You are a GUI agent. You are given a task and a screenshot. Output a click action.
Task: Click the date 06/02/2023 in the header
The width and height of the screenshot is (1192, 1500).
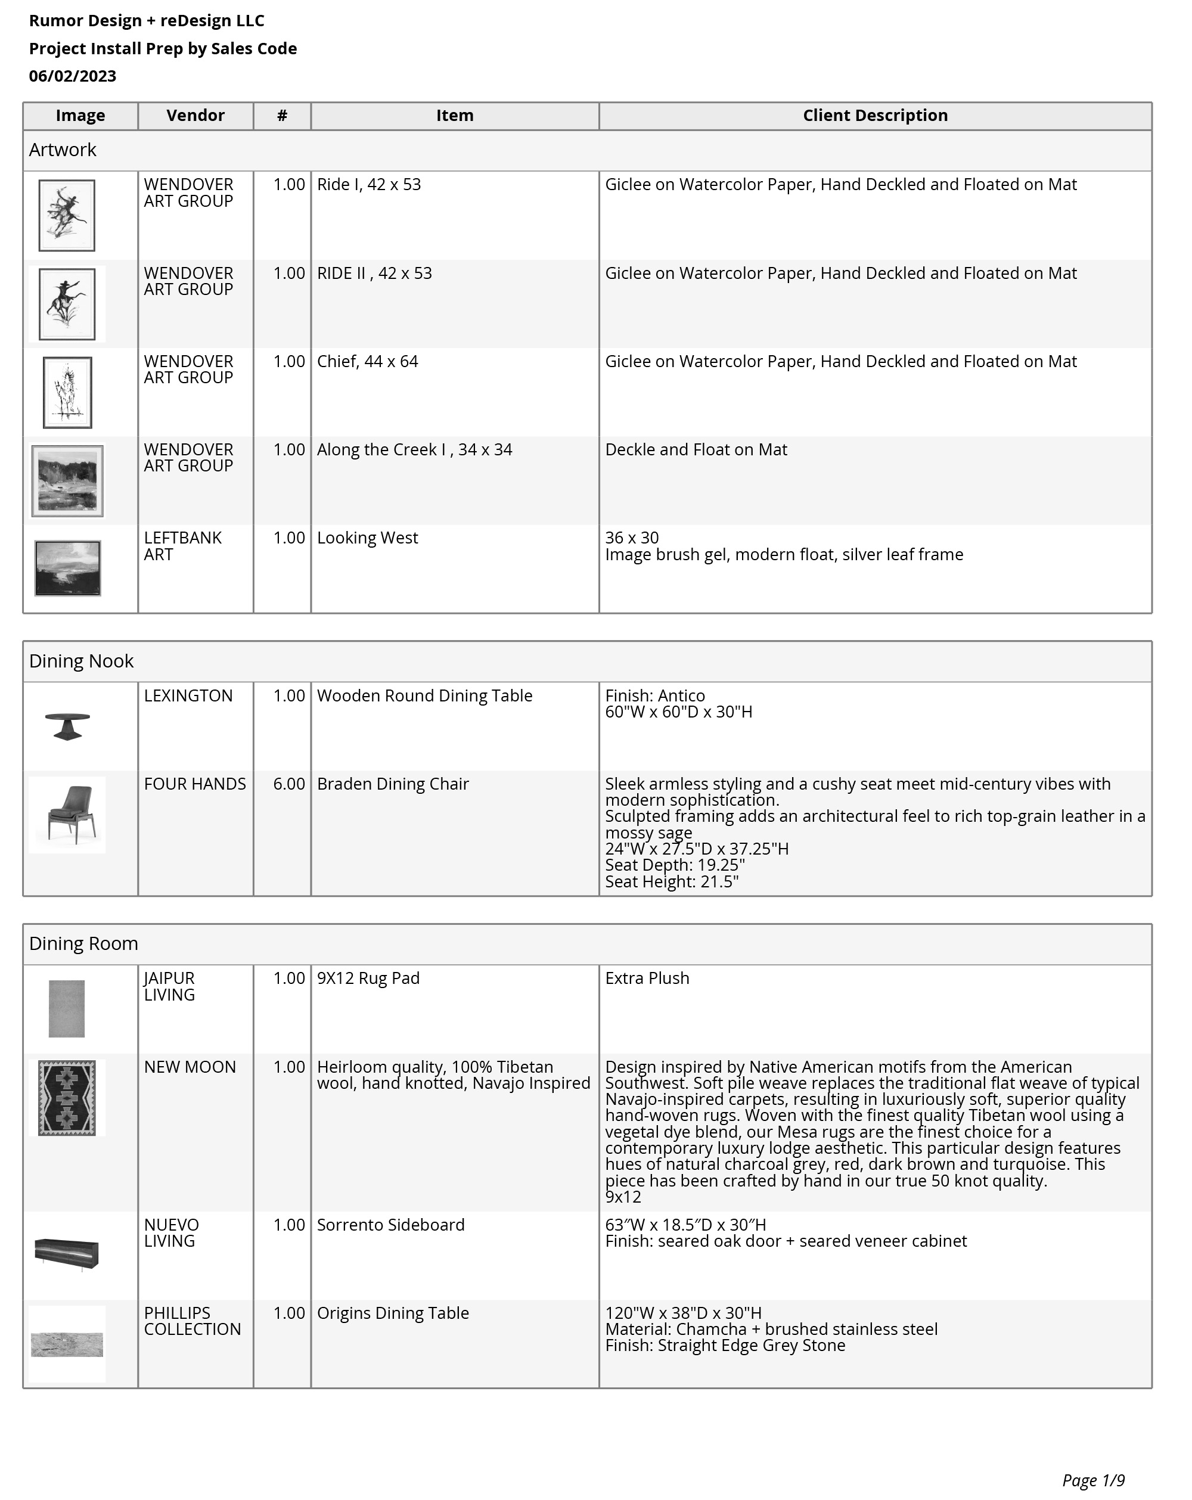tap(72, 76)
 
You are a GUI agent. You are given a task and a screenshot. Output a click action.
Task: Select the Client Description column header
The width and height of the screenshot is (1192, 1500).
tap(875, 116)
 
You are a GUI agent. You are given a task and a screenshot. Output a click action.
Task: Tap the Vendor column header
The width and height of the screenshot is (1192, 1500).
tap(195, 116)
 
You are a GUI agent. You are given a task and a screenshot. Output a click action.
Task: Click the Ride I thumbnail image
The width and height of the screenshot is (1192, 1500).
tap(67, 215)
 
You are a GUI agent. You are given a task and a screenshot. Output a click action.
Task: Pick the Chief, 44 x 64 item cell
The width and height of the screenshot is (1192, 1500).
tap(367, 362)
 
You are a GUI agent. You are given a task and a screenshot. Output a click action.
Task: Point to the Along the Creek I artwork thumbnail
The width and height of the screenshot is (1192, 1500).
tap(67, 481)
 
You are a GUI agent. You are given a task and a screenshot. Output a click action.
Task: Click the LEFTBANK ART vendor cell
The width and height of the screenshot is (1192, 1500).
tap(182, 546)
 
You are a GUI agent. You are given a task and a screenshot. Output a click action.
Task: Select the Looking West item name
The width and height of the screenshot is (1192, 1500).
tap(367, 538)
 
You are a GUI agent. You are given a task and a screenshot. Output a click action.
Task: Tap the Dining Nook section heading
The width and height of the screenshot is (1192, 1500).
tap(82, 661)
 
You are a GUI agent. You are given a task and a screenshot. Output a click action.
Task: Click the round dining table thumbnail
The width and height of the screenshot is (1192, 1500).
tap(67, 726)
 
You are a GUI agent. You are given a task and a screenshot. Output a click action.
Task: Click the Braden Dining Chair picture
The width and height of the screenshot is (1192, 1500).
tap(67, 814)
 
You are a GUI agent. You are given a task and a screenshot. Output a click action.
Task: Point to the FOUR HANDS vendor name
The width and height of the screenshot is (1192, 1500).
tap(195, 784)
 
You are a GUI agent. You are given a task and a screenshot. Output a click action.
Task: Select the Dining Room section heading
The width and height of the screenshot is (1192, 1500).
tap(83, 943)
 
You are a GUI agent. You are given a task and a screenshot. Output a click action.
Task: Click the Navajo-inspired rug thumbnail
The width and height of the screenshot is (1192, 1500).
tap(67, 1098)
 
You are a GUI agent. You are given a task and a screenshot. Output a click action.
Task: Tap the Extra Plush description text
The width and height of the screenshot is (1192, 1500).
tap(647, 978)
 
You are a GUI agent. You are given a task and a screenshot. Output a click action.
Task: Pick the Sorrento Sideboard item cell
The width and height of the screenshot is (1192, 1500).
tap(390, 1225)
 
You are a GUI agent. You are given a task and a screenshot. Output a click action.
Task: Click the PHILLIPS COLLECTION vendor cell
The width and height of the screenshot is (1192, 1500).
tap(192, 1321)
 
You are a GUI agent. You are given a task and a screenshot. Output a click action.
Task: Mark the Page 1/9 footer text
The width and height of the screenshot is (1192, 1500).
tap(1092, 1480)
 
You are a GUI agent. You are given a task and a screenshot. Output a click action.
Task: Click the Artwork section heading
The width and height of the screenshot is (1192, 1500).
tap(63, 150)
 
